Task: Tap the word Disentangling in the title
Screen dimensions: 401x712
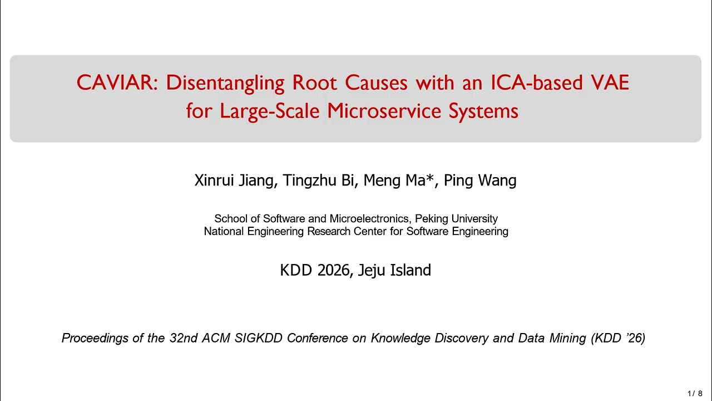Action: click(225, 83)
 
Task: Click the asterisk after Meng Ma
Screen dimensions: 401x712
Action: click(430, 178)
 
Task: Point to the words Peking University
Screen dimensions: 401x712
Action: click(456, 219)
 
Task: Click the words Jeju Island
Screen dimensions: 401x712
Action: click(394, 270)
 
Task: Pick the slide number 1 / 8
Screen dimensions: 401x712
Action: click(695, 394)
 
